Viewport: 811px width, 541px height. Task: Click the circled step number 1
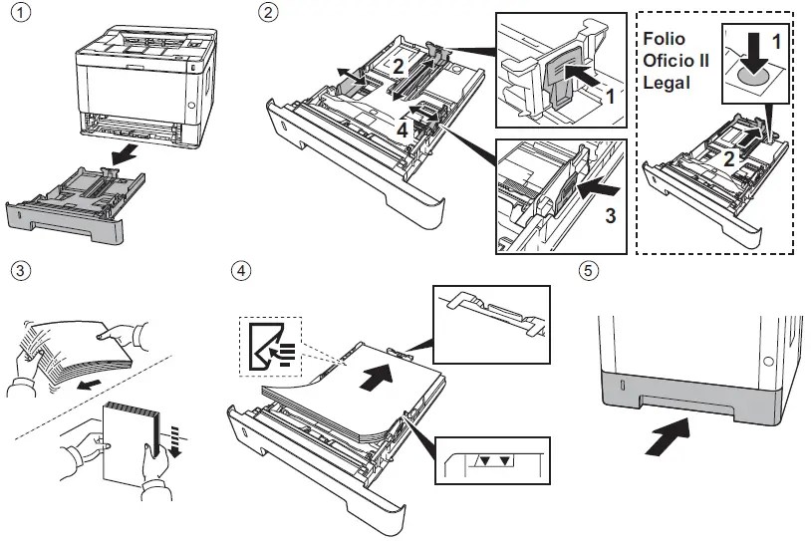pos(21,12)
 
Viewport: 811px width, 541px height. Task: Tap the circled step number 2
pos(268,12)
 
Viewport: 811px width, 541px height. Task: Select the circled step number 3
pos(21,270)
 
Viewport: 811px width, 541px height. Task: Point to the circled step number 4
pos(241,270)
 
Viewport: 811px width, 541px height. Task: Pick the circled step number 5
pos(589,270)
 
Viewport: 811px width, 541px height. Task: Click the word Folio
pos(665,39)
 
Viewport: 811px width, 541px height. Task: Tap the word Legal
pos(667,83)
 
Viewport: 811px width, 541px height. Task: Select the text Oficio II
pos(676,61)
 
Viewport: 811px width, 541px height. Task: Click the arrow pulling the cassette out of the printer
pos(125,154)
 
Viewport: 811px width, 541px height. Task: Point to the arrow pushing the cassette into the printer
pos(669,437)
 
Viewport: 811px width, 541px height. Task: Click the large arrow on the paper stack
pos(375,377)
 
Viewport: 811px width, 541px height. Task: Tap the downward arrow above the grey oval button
pos(755,52)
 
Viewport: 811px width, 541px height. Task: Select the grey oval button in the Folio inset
pos(755,77)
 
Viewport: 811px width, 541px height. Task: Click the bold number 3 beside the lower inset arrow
pos(611,215)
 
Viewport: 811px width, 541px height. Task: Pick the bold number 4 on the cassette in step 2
pos(403,130)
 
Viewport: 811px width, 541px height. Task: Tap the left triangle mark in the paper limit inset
pos(484,461)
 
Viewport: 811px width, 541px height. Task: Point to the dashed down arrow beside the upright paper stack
pos(176,442)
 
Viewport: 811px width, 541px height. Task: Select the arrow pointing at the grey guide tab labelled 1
pos(583,77)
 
